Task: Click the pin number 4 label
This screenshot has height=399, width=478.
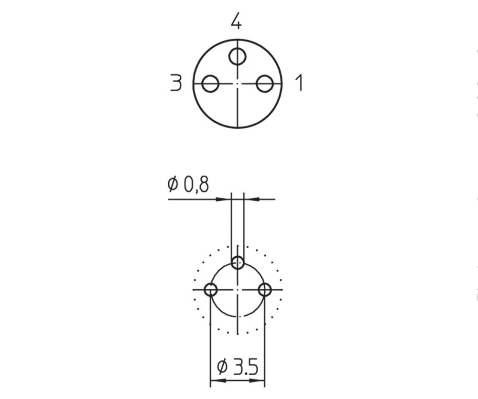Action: click(x=236, y=21)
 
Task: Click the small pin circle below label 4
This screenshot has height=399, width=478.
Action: click(x=237, y=56)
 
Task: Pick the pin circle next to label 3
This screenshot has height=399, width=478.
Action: click(x=210, y=84)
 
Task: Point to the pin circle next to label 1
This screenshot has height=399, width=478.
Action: click(x=264, y=84)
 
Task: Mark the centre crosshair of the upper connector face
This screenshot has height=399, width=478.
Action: click(x=238, y=84)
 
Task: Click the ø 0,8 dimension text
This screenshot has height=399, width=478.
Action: click(x=188, y=184)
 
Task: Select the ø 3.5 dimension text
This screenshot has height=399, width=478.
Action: click(x=238, y=367)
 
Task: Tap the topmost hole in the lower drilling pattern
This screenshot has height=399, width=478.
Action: click(x=238, y=262)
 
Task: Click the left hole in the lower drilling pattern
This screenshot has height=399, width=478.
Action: click(x=211, y=289)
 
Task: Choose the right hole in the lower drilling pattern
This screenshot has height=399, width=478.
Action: click(x=264, y=289)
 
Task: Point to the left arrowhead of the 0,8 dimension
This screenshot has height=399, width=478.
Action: click(x=226, y=199)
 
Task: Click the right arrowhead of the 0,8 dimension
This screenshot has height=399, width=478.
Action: click(x=250, y=199)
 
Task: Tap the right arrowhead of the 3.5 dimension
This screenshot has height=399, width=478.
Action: click(x=260, y=381)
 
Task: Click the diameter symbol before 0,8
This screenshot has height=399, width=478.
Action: click(x=173, y=184)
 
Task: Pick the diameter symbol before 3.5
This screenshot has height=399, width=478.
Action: click(x=221, y=367)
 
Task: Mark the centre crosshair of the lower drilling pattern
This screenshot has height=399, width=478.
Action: click(x=238, y=289)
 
